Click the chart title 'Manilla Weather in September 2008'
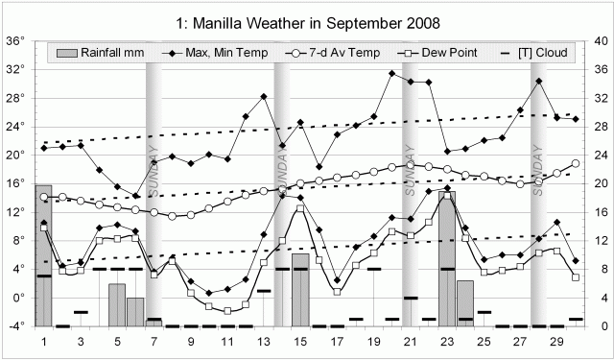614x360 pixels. click(x=306, y=19)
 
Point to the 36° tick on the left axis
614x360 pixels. click(x=15, y=41)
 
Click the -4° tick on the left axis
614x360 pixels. click(x=15, y=326)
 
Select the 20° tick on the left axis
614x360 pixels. click(x=15, y=156)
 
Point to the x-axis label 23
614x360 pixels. click(x=447, y=342)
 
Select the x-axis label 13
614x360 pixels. click(x=264, y=342)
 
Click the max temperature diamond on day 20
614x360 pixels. click(x=392, y=73)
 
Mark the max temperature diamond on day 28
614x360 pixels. click(x=539, y=81)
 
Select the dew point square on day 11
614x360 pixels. click(x=227, y=311)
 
